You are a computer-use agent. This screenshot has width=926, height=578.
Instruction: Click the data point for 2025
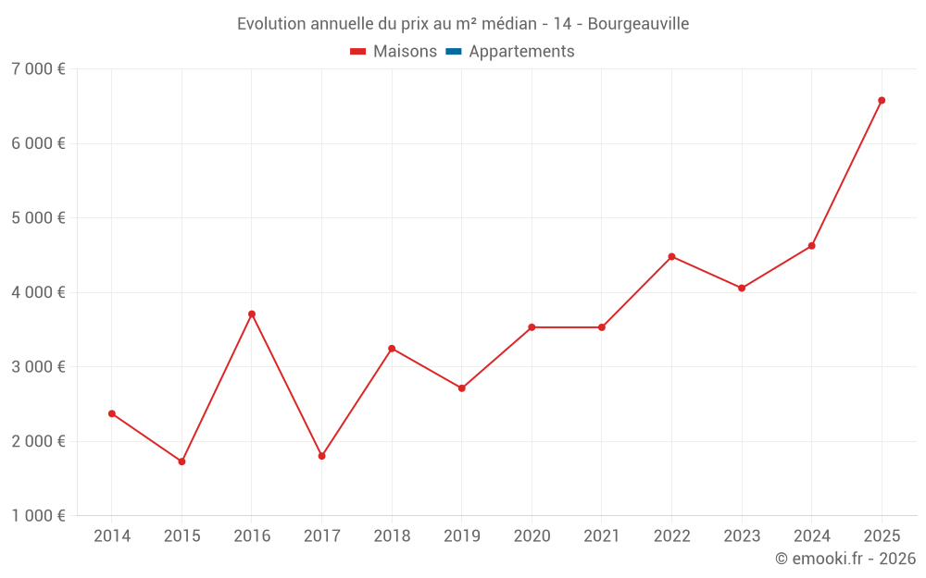882,100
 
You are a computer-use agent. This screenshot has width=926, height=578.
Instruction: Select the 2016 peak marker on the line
252,314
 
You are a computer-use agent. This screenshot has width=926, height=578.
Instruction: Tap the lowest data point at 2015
181,461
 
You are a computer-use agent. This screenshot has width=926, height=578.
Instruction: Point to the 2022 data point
671,256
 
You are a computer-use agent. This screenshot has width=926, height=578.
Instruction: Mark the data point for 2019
461,388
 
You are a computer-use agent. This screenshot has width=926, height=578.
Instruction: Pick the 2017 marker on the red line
321,456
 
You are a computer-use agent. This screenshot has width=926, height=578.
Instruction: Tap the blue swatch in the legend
453,52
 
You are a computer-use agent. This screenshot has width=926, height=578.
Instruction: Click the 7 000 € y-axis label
38,69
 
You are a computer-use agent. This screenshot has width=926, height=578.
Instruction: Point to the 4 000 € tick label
38,292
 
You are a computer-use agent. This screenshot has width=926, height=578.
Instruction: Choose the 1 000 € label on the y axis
38,516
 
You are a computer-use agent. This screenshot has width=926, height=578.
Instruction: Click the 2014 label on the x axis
112,536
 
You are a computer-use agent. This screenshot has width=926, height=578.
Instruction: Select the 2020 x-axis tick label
532,536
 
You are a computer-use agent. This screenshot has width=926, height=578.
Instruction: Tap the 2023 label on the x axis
742,536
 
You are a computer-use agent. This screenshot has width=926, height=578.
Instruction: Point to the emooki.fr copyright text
845,559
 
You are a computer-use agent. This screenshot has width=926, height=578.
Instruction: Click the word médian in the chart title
508,24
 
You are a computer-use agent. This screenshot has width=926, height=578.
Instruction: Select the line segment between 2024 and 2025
846,173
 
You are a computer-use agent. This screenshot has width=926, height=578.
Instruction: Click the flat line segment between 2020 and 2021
567,326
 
